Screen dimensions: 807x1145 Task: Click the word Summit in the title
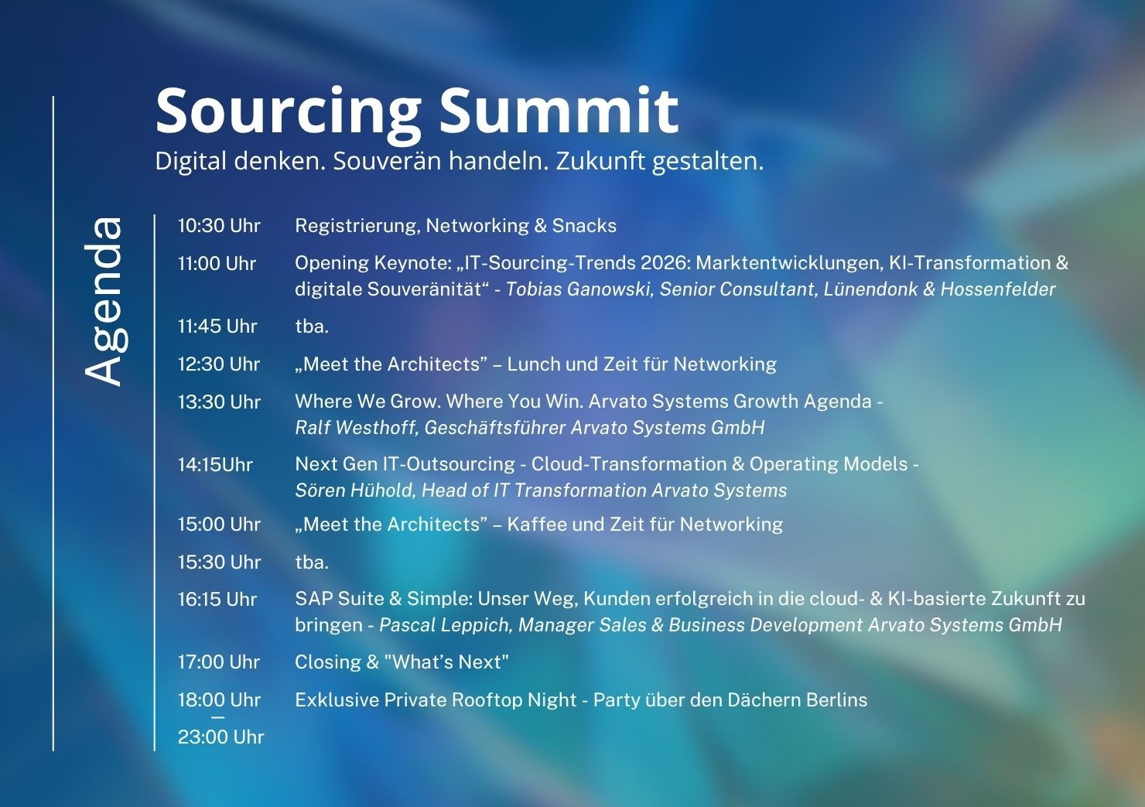[x=559, y=110]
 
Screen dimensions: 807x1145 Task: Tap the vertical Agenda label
[x=104, y=301]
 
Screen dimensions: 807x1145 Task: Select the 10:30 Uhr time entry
[x=219, y=226]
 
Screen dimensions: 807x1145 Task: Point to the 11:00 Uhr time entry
[x=217, y=264]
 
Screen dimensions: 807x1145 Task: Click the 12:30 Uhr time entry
[x=219, y=364]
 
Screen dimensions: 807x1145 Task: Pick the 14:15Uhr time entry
[x=215, y=465]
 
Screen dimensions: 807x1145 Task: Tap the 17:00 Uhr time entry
[x=219, y=662]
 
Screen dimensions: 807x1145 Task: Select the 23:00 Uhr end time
[x=220, y=737]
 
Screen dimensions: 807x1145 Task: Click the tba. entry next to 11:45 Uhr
[x=312, y=327]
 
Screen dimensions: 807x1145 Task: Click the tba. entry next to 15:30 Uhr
[x=312, y=563]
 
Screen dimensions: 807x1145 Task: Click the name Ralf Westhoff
[x=356, y=428]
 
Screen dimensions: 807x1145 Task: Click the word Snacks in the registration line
[x=584, y=226]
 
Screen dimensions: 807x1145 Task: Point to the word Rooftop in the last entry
[x=486, y=700]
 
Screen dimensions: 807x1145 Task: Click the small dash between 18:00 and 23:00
[x=217, y=718]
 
